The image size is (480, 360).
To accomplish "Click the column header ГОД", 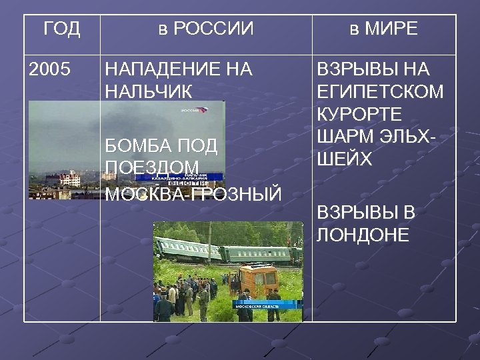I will [61, 29].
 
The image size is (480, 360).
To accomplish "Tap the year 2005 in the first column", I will [49, 69].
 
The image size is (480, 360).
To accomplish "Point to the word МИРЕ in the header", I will [393, 29].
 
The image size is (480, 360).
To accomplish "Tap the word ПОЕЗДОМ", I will [152, 167].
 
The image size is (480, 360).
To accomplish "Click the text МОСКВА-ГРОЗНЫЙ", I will [194, 193].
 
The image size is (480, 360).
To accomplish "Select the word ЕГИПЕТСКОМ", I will [380, 91].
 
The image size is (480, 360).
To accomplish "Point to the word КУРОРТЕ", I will [359, 113].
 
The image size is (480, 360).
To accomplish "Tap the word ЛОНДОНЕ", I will [363, 235].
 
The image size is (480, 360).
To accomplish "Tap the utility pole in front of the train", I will [209, 247].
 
